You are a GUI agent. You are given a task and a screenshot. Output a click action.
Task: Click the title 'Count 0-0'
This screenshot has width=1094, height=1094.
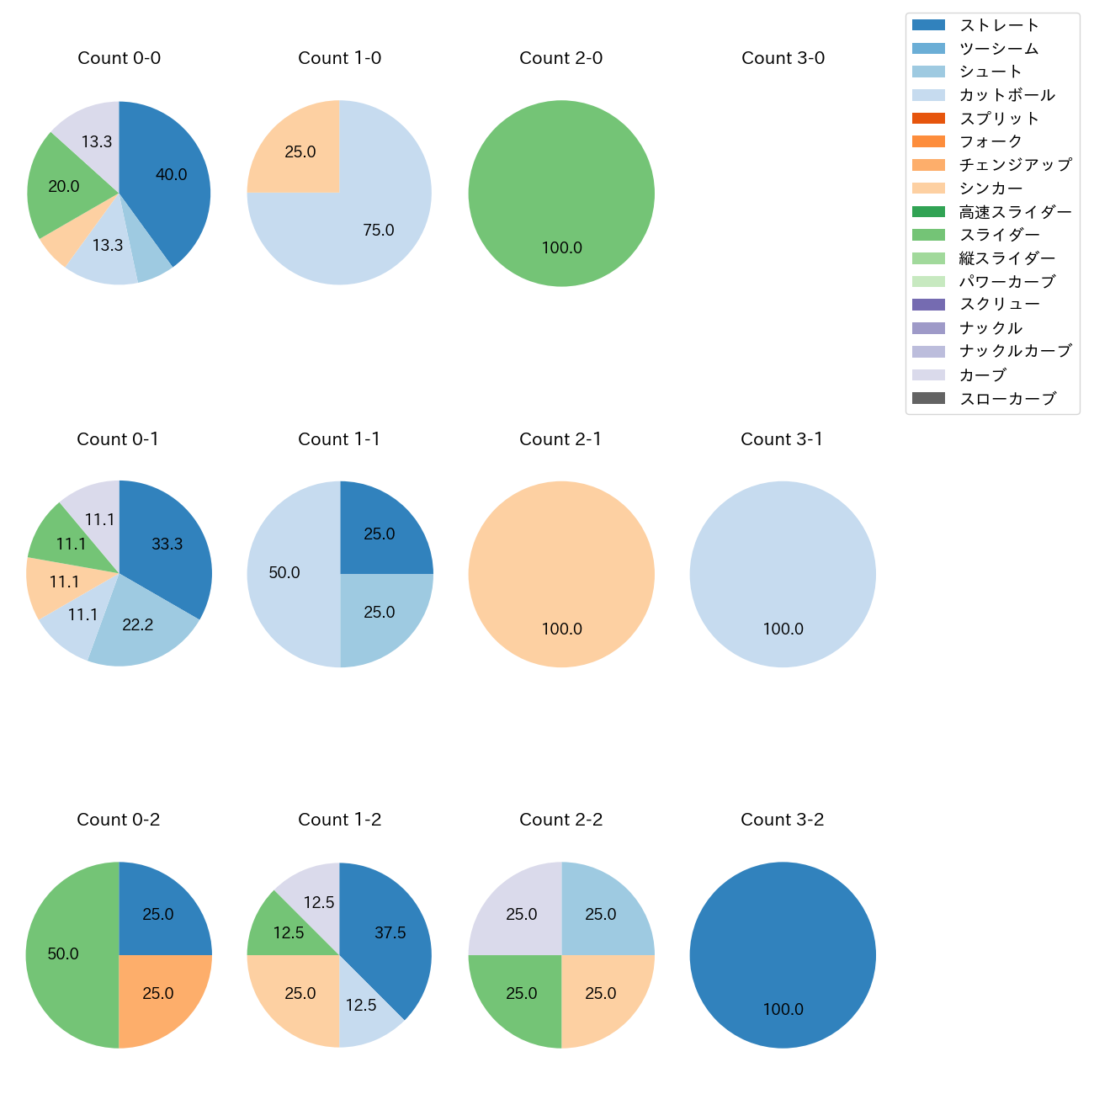pyautogui.click(x=119, y=58)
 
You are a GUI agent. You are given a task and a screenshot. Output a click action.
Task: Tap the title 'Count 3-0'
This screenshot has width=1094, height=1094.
pyautogui.click(x=783, y=58)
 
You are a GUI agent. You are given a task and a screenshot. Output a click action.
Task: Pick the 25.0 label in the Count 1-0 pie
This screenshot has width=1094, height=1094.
pyautogui.click(x=300, y=152)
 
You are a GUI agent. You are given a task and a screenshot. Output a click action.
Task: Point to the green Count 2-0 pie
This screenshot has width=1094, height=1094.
pyautogui.click(x=561, y=194)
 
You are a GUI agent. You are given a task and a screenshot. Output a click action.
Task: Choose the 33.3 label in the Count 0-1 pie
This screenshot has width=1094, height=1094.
pyautogui.click(x=167, y=544)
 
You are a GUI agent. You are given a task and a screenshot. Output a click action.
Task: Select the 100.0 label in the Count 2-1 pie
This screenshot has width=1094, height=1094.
pyautogui.click(x=561, y=629)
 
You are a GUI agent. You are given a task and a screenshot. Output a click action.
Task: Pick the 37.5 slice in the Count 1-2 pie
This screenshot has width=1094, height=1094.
pyautogui.click(x=387, y=934)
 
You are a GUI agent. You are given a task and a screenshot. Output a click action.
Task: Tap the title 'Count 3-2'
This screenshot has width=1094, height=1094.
pyautogui.click(x=783, y=820)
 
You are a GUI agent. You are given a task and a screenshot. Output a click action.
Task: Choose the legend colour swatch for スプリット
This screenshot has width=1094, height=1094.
pyautogui.click(x=929, y=119)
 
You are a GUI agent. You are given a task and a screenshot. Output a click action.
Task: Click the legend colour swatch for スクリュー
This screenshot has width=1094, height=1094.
pyautogui.click(x=929, y=305)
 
